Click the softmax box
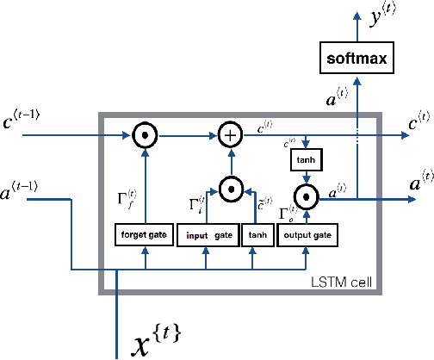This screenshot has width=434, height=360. point(356,59)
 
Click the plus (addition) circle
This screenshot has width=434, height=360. point(230,135)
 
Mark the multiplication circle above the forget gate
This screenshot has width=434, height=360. point(144,135)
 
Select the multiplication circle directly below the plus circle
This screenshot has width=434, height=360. point(230,187)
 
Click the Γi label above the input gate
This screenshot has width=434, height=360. point(196,203)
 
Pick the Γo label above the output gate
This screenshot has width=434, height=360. point(289,214)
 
